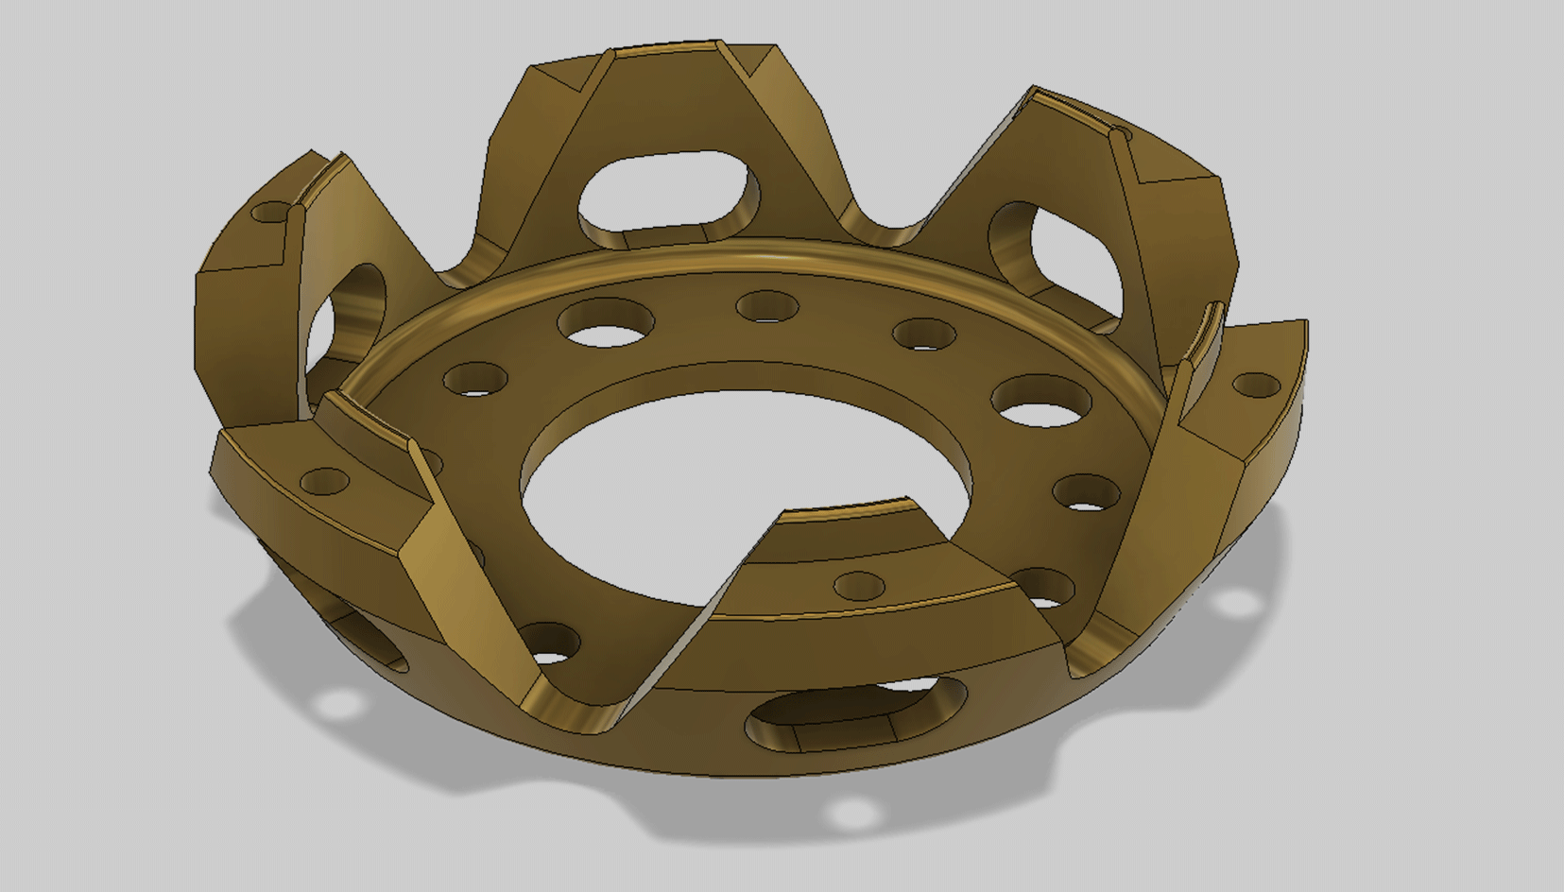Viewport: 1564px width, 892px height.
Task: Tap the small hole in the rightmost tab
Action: [x=1256, y=385]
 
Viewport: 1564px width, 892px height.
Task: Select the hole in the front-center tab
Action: [x=860, y=586]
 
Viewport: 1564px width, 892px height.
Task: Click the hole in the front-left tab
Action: [x=325, y=480]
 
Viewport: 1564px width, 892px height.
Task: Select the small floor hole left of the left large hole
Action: [x=475, y=379]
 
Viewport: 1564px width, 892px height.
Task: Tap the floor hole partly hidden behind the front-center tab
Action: [x=1042, y=588]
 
